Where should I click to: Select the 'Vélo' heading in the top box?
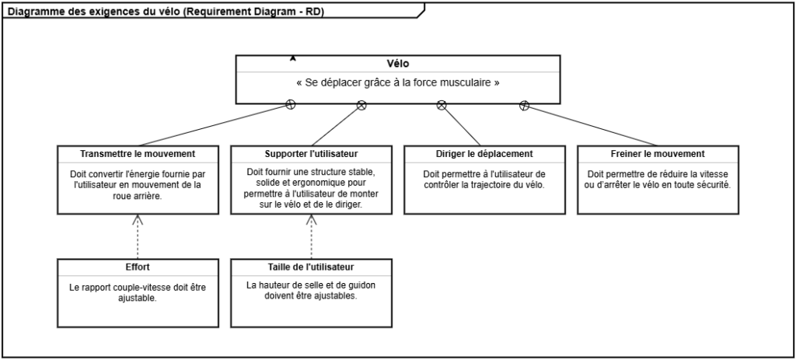pyautogui.click(x=397, y=64)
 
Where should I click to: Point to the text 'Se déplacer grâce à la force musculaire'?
pyautogui.click(x=397, y=82)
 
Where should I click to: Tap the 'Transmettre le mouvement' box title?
pyautogui.click(x=138, y=153)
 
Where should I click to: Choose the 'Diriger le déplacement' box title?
pyautogui.click(x=484, y=153)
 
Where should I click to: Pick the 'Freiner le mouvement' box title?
pyautogui.click(x=658, y=153)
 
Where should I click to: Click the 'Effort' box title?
pyautogui.click(x=138, y=267)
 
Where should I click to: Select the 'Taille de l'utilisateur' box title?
pyautogui.click(x=311, y=267)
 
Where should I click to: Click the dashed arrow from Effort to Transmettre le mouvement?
pyautogui.click(x=138, y=237)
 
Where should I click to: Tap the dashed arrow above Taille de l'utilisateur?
pyautogui.click(x=311, y=237)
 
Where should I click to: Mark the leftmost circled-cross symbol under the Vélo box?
pyautogui.click(x=291, y=105)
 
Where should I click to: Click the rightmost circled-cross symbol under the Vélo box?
pyautogui.click(x=524, y=106)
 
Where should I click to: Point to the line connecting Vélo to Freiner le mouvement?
pyautogui.click(x=591, y=125)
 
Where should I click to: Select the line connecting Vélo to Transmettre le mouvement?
pyautogui.click(x=214, y=125)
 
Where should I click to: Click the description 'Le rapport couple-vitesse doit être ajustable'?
pyautogui.click(x=138, y=292)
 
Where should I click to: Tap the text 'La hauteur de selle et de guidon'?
pyautogui.click(x=311, y=285)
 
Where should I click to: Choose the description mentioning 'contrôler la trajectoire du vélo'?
pyautogui.click(x=484, y=180)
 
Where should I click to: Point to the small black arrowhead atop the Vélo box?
pyautogui.click(x=293, y=58)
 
